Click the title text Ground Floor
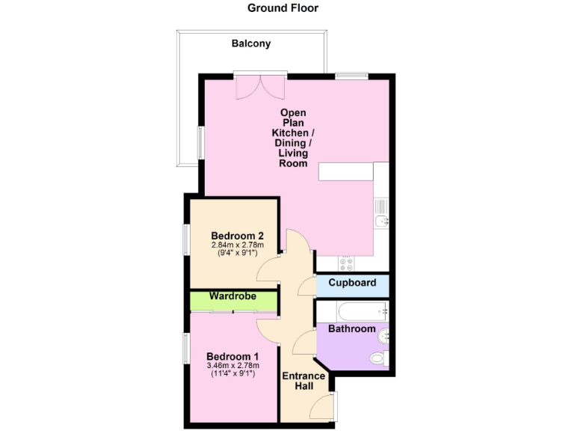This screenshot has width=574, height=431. pyautogui.click(x=283, y=8)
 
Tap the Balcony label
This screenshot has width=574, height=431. pyautogui.click(x=250, y=43)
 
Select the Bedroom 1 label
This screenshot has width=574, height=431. pyautogui.click(x=232, y=355)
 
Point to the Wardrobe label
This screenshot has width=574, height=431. pyautogui.click(x=232, y=297)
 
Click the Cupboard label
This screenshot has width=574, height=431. pyautogui.click(x=352, y=283)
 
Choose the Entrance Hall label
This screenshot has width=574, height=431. pyautogui.click(x=303, y=381)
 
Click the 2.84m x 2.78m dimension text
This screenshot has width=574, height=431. pyautogui.click(x=236, y=244)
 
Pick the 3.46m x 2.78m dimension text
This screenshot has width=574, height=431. pyautogui.click(x=233, y=366)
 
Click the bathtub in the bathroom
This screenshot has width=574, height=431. pyautogui.click(x=352, y=310)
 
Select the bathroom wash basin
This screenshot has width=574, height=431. pyautogui.click(x=383, y=335)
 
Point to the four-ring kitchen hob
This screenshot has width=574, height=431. pyautogui.click(x=347, y=263)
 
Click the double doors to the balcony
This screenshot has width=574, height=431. pyautogui.click(x=259, y=85)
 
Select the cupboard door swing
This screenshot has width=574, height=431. pyautogui.click(x=306, y=285)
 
